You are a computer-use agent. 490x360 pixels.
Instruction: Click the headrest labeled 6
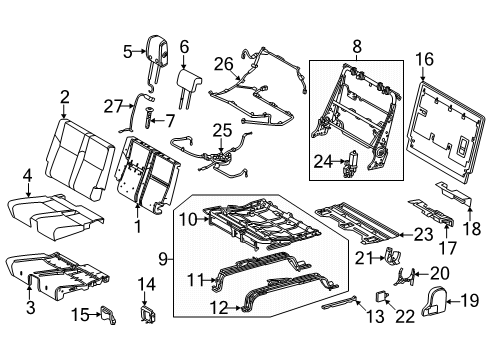(185, 76)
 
